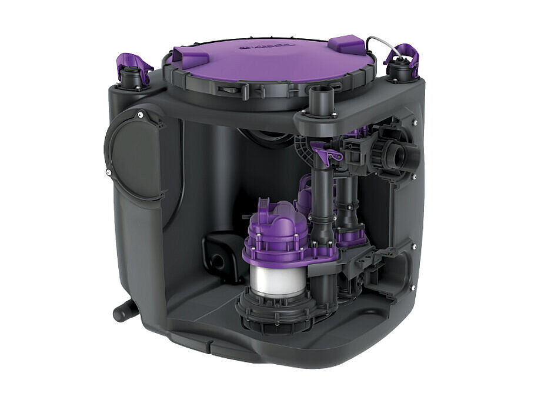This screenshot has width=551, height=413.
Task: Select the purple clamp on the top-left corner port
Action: (132, 62)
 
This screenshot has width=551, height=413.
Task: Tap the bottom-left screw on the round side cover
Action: (109, 172)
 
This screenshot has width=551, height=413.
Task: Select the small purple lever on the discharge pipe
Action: (328, 155)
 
